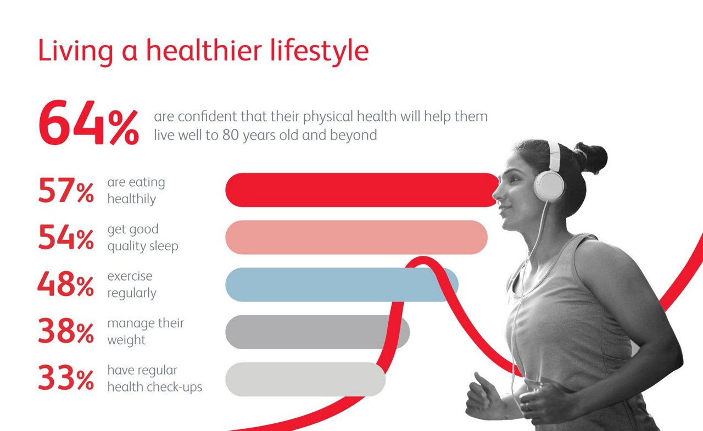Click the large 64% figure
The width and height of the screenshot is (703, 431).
click(88, 122)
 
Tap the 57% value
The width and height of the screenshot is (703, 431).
click(66, 190)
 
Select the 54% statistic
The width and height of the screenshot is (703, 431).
click(66, 237)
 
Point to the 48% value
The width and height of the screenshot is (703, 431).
click(66, 284)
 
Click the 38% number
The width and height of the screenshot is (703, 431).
click(66, 331)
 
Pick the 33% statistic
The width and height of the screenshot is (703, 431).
click(66, 378)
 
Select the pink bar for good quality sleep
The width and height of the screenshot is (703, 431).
click(356, 237)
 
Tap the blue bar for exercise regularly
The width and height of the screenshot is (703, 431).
click(342, 284)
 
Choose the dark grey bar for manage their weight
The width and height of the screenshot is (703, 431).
click(317, 332)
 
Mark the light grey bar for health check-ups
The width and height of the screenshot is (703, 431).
click(305, 379)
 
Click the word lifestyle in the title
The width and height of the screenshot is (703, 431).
click(319, 52)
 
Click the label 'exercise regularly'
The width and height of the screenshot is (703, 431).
click(132, 285)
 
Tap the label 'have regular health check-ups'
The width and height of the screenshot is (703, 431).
click(155, 379)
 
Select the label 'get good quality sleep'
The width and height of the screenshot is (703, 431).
click(143, 238)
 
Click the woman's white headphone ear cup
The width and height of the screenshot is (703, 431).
click(549, 186)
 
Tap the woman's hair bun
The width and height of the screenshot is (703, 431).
click(590, 158)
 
